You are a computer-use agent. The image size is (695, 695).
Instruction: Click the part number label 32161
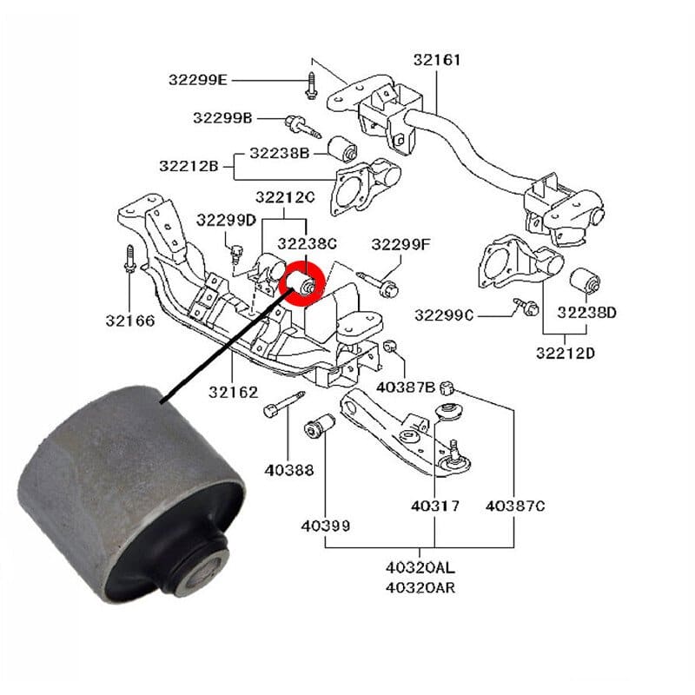pos(437,60)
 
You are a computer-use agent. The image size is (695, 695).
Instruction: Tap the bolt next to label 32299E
pos(309,86)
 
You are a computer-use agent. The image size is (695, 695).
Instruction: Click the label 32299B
pos(222,117)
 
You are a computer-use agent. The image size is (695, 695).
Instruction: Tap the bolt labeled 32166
pos(129,260)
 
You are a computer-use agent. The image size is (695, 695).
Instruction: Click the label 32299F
pos(400,244)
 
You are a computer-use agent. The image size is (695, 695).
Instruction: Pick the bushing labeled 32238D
pos(583,281)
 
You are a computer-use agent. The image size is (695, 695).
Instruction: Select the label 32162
pos(233,392)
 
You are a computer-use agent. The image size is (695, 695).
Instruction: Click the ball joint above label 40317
pos(453,457)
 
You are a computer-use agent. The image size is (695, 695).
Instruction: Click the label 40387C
pos(514,505)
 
